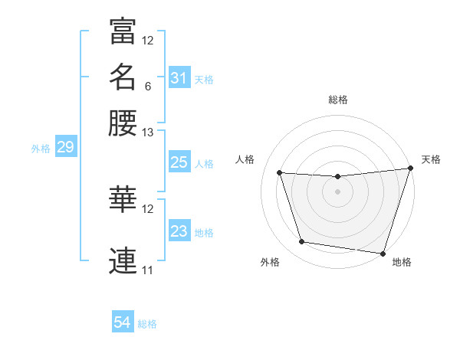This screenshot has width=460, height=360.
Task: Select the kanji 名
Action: coord(123,77)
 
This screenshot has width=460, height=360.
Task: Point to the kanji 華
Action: coord(123,199)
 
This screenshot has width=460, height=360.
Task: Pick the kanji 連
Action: coord(123,260)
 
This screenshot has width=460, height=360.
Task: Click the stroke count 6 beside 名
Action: coord(148,86)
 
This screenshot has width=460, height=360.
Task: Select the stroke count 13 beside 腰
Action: coord(148,133)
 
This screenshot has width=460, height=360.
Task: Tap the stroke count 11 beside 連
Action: coord(148,270)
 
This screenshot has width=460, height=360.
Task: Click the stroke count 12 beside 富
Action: coord(148,40)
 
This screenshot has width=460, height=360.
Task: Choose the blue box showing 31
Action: coord(179,78)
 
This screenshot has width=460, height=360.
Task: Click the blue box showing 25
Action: coord(179,162)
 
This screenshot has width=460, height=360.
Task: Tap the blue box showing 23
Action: coord(179,231)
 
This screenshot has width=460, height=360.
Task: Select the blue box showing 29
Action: coord(65,147)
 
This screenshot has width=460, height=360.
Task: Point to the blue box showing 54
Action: coord(123,323)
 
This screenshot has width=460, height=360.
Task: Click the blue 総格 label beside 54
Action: coord(147,325)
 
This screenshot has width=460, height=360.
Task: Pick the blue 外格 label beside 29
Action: coord(41,149)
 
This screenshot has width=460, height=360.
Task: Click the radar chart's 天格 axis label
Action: coord(431,159)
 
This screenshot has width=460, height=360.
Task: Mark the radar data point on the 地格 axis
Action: coord(383,253)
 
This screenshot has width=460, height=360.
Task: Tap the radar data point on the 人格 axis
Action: coord(280,173)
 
